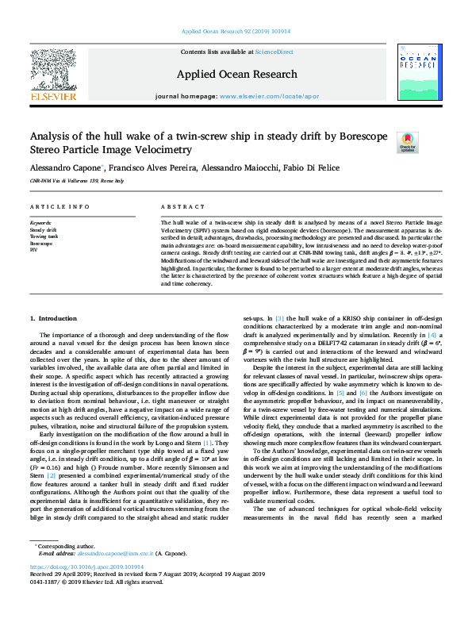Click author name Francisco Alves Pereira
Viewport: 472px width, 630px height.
(x=146, y=169)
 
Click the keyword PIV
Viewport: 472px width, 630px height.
(x=33, y=249)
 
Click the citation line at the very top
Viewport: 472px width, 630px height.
(x=236, y=32)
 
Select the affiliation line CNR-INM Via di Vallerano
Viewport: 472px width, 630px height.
(x=76, y=182)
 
